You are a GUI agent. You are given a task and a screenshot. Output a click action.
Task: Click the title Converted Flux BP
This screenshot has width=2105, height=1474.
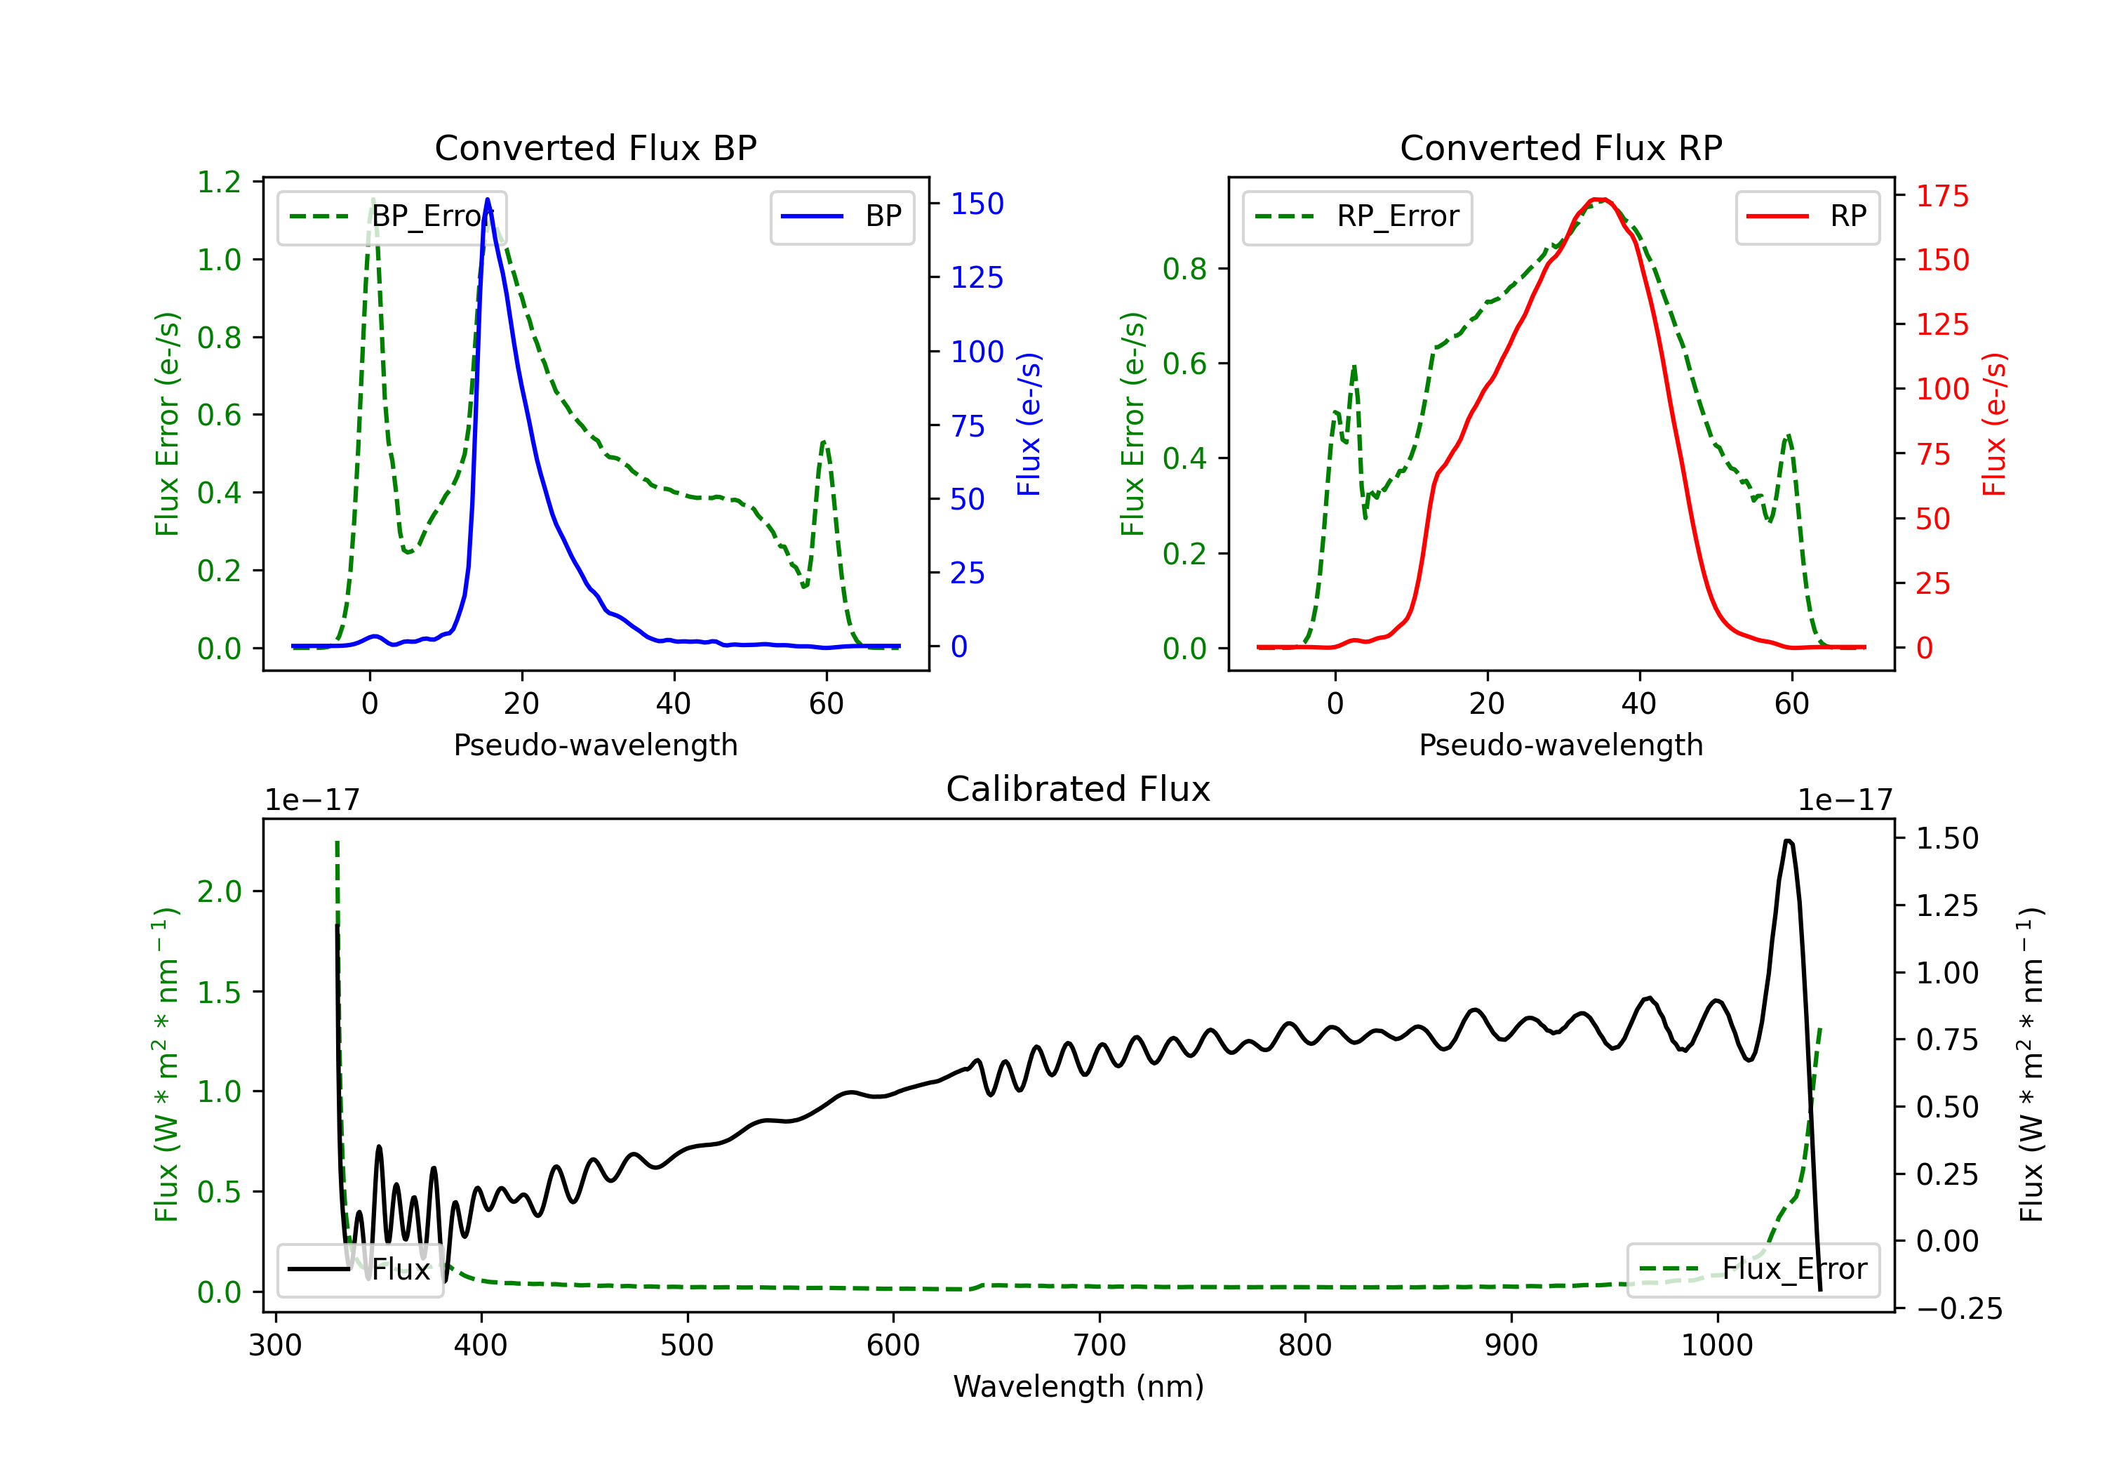click(595, 147)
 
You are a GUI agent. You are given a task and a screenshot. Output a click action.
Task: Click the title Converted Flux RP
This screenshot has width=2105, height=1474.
click(1561, 147)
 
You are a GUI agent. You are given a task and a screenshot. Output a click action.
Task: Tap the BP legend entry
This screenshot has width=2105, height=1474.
click(841, 216)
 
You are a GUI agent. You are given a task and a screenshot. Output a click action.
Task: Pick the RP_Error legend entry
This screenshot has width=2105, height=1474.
click(1357, 216)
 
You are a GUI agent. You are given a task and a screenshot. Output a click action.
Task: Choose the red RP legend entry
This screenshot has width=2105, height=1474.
click(1807, 216)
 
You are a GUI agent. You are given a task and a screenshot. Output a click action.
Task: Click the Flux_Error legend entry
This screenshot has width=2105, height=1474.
click(1753, 1270)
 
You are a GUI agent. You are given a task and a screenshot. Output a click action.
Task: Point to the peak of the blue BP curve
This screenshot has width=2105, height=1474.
click(487, 199)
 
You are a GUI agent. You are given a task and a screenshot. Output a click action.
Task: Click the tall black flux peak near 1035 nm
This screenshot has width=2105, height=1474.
click(1788, 840)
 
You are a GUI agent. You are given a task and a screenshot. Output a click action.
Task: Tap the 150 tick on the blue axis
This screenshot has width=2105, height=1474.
click(977, 204)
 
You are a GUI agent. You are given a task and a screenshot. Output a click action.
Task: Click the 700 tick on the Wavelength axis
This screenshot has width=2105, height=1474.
click(1098, 1346)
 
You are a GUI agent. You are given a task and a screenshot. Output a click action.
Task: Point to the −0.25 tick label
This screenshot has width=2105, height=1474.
click(1958, 1308)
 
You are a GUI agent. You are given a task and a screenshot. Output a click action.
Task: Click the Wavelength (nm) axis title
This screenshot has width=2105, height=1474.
click(1078, 1387)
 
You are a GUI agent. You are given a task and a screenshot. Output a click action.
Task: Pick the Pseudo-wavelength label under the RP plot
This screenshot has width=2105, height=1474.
click(1561, 745)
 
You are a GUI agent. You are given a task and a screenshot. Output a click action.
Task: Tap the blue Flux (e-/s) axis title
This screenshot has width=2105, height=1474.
click(1029, 425)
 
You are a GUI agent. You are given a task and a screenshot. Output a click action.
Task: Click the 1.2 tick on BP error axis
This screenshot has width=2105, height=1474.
click(219, 182)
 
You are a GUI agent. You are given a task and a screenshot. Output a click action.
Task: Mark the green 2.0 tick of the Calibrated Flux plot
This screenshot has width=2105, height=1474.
click(219, 891)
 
